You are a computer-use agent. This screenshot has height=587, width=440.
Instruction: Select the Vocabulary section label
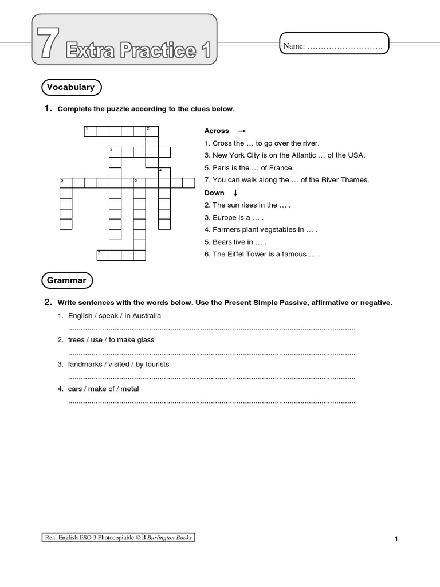pos(70,87)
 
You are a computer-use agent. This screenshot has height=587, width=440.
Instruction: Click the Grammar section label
pos(66,280)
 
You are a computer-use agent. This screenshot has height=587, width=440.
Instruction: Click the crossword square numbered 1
pos(89,132)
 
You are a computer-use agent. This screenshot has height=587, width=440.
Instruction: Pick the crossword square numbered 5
pos(66,183)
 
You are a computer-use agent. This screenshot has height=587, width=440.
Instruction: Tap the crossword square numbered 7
pos(103,255)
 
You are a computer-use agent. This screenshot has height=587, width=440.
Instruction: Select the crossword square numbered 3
pos(115,152)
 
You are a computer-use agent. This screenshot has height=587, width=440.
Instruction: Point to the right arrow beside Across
pos(242,131)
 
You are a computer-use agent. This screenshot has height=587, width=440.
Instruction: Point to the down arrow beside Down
pos(235,193)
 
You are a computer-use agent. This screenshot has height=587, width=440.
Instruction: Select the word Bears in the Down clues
pos(222,242)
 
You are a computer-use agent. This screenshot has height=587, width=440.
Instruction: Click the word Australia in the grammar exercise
pos(143,316)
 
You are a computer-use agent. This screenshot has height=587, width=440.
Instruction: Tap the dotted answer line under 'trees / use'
pos(212,353)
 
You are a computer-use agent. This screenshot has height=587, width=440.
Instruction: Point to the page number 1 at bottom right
pos(396,539)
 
